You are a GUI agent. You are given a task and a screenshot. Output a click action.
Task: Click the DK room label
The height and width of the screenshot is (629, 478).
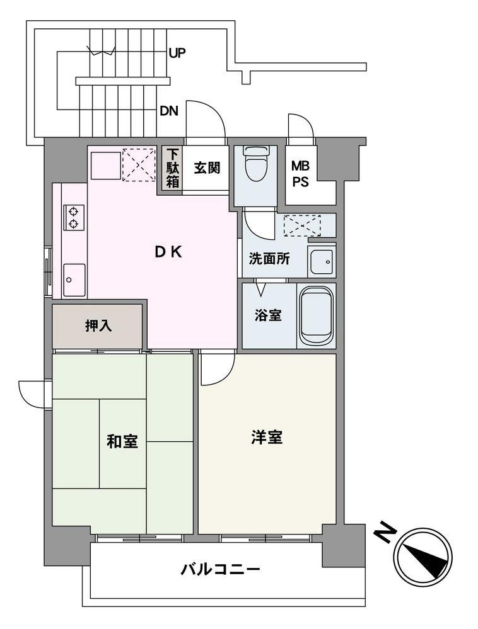click(x=168, y=252)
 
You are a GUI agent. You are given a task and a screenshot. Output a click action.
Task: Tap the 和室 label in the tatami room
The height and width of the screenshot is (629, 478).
click(x=122, y=441)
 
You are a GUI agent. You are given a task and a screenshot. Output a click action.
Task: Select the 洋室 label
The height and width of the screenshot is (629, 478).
click(x=267, y=438)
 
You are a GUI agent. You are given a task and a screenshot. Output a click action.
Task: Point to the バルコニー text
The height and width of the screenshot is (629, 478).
click(x=220, y=570)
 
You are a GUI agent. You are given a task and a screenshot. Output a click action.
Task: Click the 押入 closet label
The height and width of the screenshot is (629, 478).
click(x=98, y=326)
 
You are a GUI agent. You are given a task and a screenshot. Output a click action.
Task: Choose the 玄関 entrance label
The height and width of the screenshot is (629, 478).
click(x=206, y=168)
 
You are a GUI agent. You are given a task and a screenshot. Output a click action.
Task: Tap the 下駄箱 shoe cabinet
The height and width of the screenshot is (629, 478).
click(x=172, y=168)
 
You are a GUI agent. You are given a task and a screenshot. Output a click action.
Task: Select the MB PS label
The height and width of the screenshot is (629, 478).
click(x=300, y=173)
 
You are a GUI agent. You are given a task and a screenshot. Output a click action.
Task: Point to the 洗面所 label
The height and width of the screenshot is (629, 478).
click(x=269, y=258)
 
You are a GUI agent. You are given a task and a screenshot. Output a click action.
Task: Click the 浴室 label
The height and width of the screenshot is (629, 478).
click(x=268, y=315)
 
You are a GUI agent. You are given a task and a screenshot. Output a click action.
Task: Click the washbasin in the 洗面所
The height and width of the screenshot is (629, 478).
click(x=321, y=261)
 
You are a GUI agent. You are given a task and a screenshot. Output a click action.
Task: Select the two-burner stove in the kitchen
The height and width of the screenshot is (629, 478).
click(x=74, y=217)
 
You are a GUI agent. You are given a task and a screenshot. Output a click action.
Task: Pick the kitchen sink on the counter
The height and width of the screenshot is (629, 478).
click(x=74, y=276)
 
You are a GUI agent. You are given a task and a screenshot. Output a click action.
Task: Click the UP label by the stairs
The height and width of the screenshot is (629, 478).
click(x=177, y=53)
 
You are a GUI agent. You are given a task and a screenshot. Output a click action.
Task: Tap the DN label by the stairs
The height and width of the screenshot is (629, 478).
click(x=168, y=112)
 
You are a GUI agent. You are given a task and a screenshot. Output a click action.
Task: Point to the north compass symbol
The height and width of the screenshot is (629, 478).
click(x=423, y=554)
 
